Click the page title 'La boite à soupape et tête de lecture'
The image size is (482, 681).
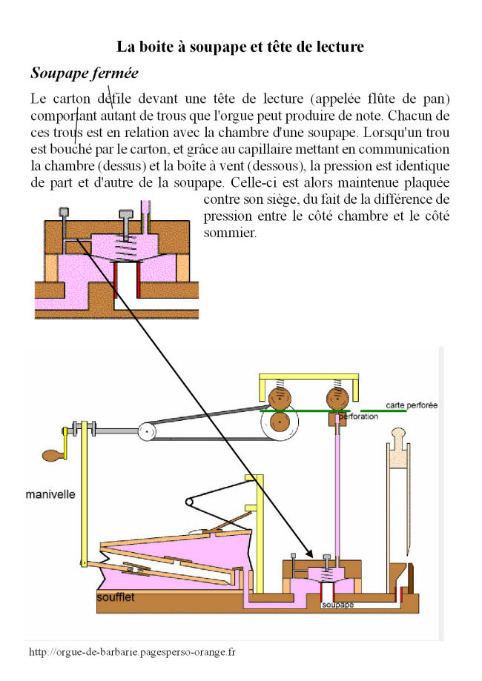240,47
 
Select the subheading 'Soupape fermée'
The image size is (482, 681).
84,73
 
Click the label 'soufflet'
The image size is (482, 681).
116,597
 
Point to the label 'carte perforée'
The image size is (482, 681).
412,405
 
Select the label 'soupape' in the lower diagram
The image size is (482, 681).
337,605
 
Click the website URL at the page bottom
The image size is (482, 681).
132,652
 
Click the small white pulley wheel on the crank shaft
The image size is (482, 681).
148,431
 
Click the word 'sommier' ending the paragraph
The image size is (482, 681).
230,231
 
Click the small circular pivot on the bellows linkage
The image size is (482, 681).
190,503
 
